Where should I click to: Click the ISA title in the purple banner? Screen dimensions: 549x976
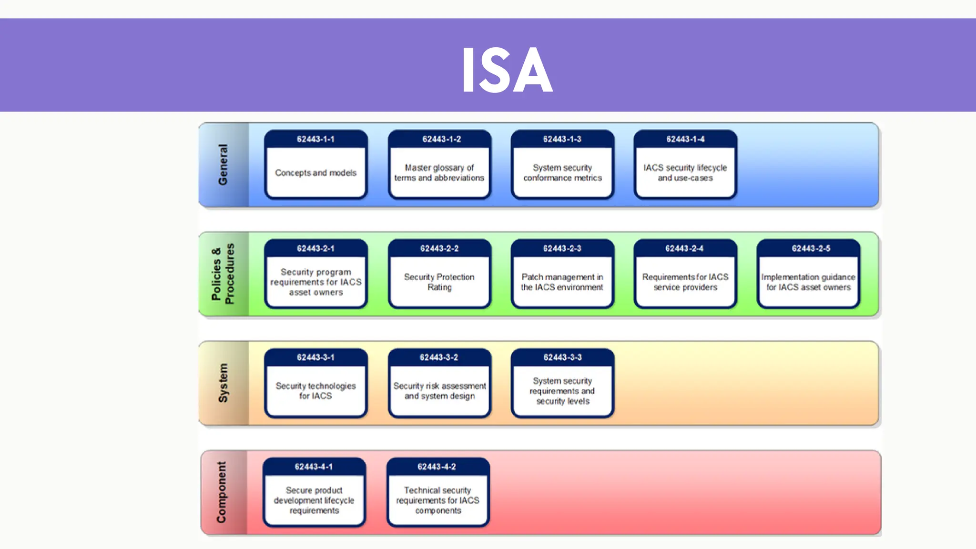(507, 70)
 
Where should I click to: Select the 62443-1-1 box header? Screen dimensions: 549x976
(315, 139)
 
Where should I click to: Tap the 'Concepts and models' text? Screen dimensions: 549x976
(315, 173)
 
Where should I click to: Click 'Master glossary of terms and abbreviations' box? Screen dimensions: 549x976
(439, 173)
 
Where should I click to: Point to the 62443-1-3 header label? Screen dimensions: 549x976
(562, 139)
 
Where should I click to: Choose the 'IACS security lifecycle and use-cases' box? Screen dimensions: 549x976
(685, 173)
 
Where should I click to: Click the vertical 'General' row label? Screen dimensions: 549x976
(223, 164)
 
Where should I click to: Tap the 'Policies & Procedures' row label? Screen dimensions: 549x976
(223, 274)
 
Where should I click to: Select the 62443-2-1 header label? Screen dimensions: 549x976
(315, 248)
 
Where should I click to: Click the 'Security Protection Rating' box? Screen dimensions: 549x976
(439, 282)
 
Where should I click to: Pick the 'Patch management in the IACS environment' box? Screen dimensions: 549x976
(562, 282)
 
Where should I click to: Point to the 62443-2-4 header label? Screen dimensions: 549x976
(684, 248)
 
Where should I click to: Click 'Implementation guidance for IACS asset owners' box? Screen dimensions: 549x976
(808, 282)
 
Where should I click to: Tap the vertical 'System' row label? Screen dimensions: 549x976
(223, 383)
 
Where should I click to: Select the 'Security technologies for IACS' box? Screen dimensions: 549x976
(315, 391)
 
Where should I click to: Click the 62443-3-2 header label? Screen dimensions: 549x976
(439, 357)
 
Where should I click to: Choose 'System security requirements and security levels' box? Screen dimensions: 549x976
(562, 391)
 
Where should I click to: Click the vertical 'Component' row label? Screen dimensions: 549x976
(222, 492)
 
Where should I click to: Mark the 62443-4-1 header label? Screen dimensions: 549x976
(314, 467)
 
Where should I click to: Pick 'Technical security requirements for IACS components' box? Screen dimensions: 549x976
(437, 500)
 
